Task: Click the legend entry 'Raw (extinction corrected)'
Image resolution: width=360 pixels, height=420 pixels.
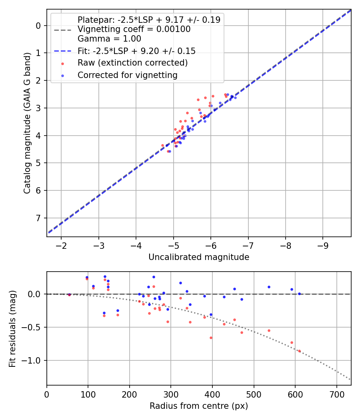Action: (132, 63)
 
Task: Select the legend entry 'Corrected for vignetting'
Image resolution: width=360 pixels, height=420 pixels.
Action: (127, 75)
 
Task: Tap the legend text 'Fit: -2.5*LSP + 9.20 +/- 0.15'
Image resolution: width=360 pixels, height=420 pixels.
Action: (136, 51)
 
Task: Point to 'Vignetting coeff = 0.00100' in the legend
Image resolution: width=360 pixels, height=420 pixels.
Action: (134, 29)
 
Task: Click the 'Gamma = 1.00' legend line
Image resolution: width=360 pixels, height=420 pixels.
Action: (109, 39)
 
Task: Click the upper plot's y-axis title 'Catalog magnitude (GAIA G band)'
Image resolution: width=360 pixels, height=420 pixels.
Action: (27, 124)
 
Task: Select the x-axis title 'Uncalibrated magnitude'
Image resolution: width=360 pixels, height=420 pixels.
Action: (199, 257)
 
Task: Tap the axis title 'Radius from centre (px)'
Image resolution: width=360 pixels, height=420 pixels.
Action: (199, 406)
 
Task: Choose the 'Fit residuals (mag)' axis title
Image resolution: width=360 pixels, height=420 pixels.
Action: (12, 328)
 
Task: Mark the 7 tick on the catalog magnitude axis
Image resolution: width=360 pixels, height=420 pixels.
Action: (39, 218)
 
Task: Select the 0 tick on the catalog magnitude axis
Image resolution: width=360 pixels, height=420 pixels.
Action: (39, 26)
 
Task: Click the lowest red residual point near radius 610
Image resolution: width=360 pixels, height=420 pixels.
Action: (299, 351)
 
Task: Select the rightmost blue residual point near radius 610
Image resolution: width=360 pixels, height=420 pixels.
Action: (299, 294)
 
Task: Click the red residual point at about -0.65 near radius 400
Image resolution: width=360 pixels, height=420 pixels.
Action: (211, 338)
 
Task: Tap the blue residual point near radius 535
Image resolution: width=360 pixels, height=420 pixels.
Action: (269, 287)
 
